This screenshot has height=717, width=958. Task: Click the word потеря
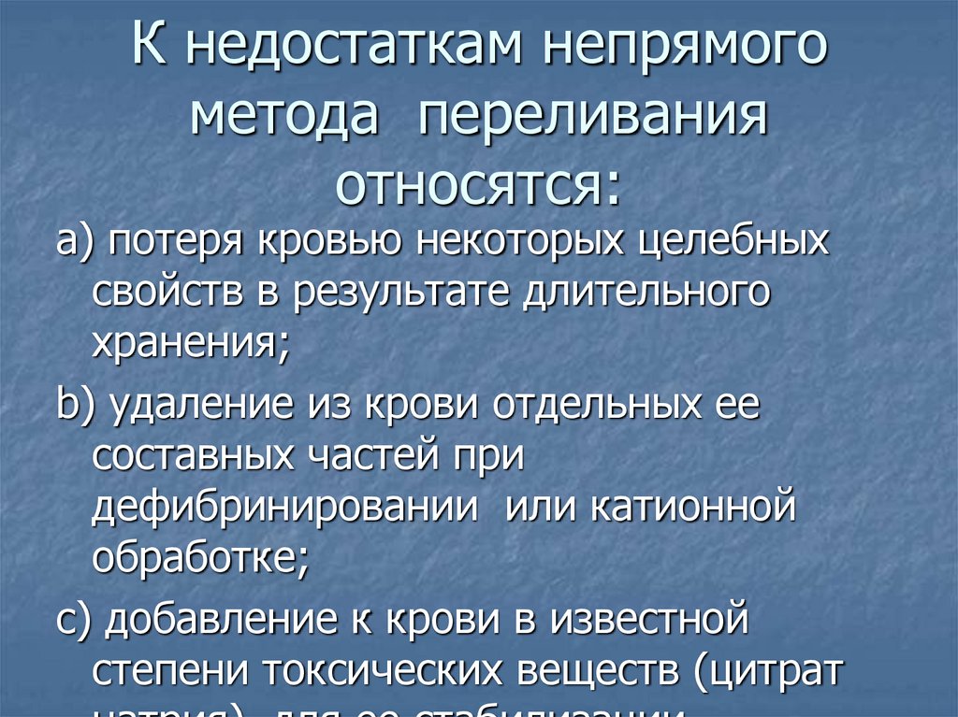pos(174,242)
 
